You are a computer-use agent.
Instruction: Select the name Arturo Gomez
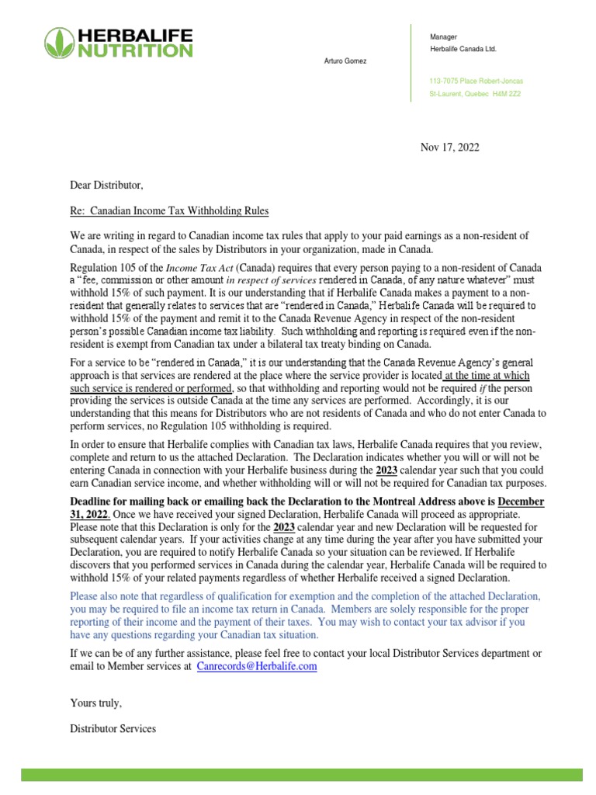click(345, 61)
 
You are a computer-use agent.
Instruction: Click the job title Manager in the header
click(443, 37)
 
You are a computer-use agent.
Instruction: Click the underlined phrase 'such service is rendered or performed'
click(151, 387)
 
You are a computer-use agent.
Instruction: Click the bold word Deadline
click(95, 502)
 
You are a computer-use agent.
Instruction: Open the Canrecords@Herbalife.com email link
click(257, 667)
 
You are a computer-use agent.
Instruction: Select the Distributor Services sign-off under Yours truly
click(113, 728)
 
